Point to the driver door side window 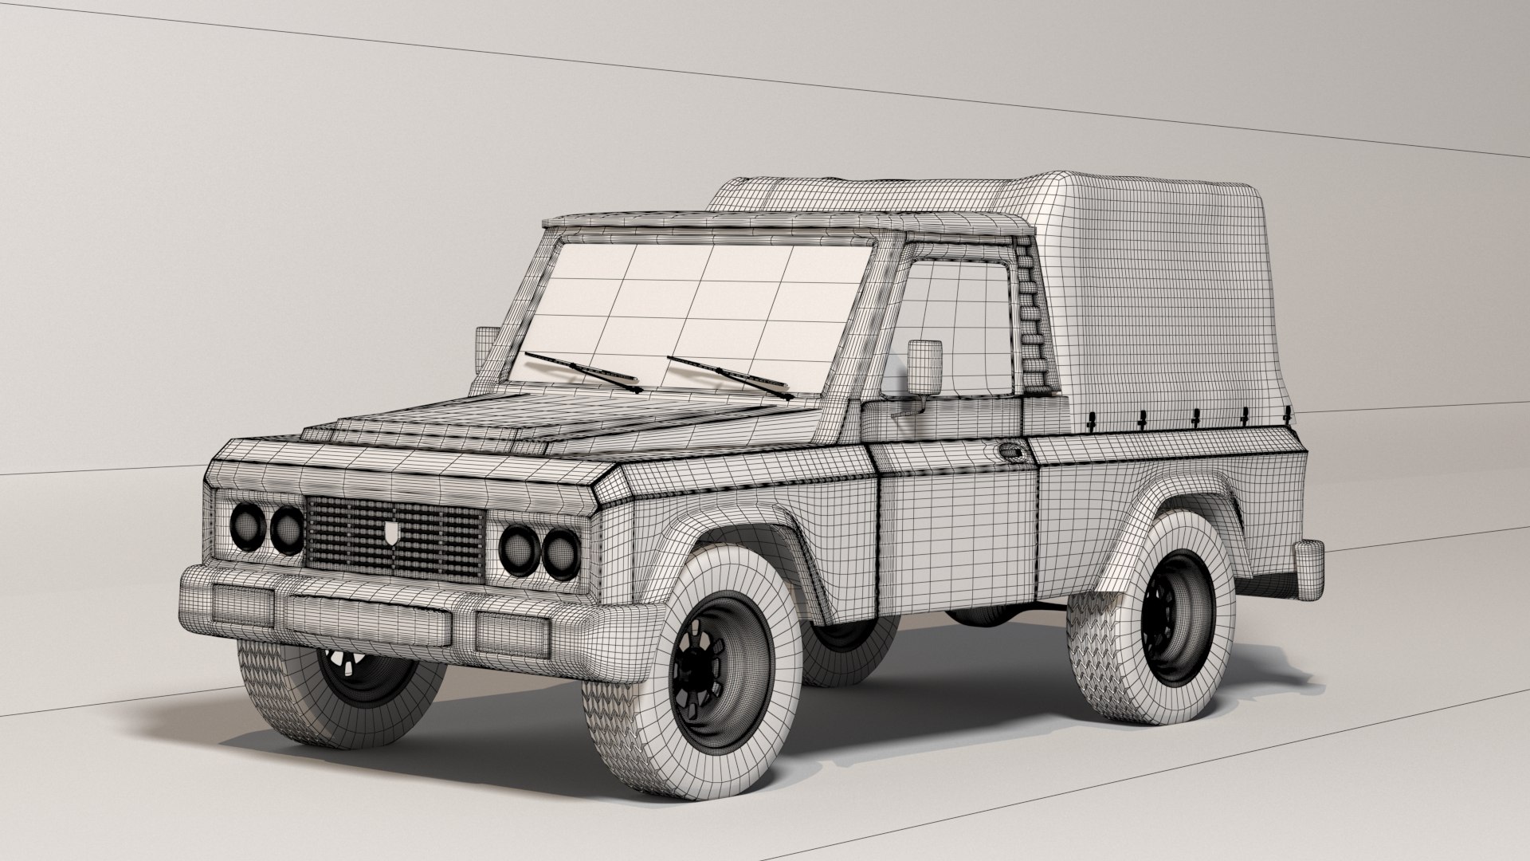point(956,319)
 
